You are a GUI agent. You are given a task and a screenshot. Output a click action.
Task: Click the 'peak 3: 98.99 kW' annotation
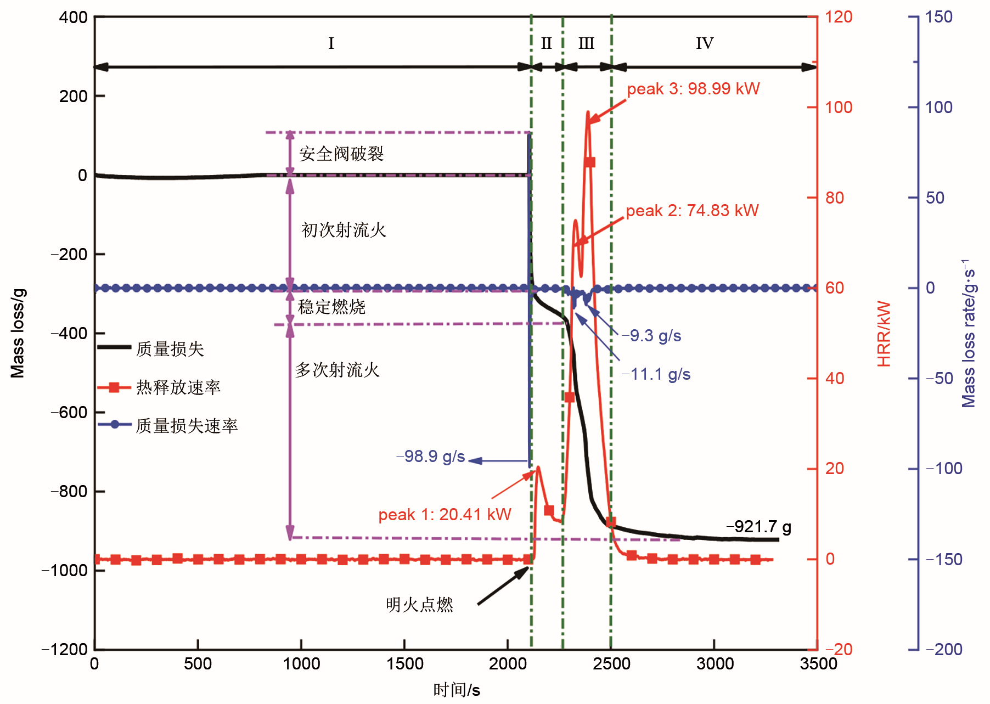693,89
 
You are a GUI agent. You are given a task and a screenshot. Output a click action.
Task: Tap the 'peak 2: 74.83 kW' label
692,211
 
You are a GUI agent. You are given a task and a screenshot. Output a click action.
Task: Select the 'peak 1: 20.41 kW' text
445,515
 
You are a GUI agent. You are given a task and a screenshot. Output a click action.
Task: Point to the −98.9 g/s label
431,457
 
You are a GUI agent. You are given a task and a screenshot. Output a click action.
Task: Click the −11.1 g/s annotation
656,374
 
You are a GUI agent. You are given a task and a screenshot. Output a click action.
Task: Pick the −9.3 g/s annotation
651,336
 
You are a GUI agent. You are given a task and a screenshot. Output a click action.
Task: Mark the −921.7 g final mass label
758,527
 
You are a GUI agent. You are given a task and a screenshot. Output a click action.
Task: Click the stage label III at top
586,43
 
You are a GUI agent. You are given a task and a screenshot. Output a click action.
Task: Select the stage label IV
705,43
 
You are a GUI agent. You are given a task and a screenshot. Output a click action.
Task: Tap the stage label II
546,43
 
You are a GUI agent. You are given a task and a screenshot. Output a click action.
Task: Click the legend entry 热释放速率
178,387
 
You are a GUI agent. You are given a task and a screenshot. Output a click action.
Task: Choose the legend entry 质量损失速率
187,426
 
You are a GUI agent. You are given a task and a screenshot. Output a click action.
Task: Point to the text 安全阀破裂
341,154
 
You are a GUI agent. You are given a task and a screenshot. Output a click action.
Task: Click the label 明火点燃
419,605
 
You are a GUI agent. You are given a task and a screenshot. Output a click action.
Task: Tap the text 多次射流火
337,370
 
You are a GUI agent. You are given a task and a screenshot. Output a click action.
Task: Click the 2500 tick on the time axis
611,664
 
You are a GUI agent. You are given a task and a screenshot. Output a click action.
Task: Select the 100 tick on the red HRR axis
839,108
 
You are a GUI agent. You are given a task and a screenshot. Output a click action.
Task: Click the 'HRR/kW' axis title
884,334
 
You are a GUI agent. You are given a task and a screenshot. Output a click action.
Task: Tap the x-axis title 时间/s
457,690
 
